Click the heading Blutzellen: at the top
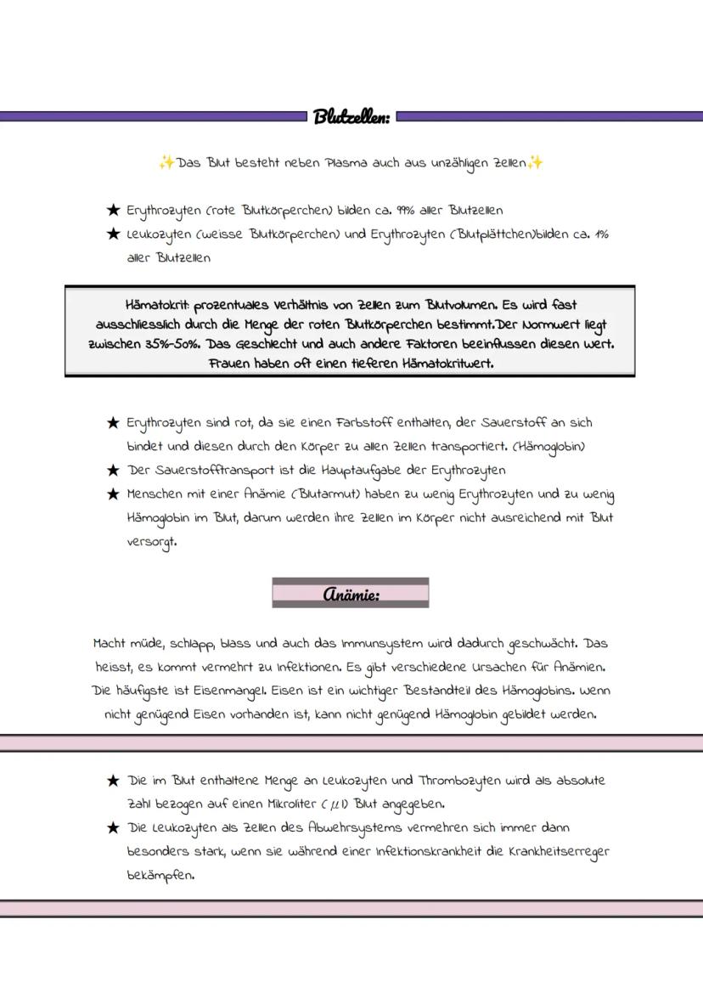pos(351,116)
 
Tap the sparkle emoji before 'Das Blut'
pos(166,162)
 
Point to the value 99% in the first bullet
pos(404,210)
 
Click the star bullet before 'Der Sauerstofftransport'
pos(112,470)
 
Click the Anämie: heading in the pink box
pos(351,594)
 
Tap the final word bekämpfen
pos(160,875)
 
